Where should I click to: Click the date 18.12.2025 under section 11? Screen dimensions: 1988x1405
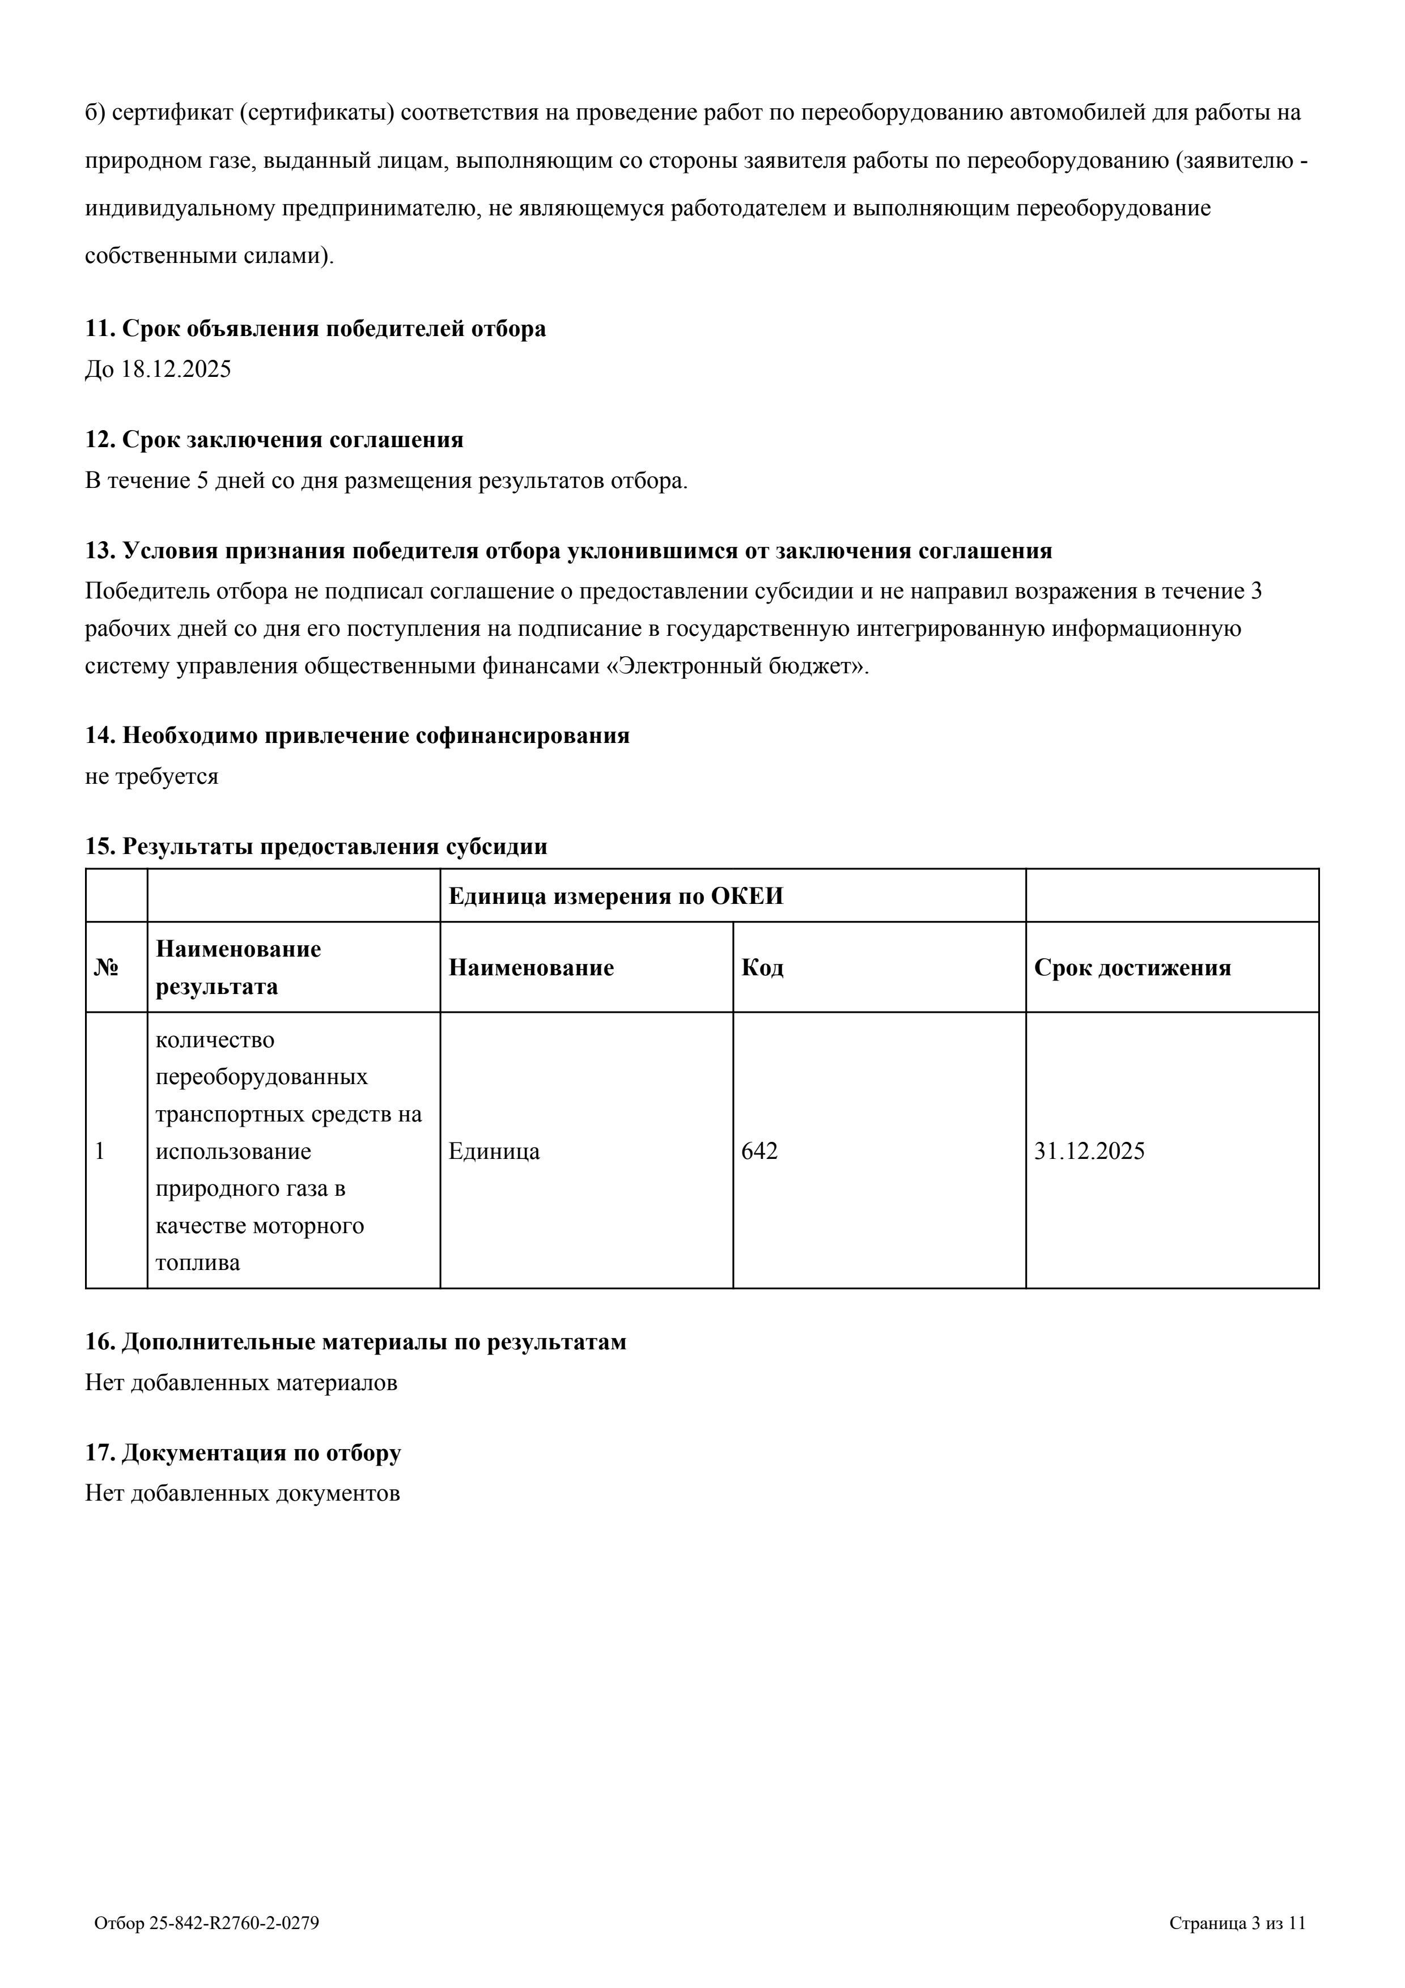click(176, 369)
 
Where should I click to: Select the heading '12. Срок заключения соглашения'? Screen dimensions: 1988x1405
click(274, 440)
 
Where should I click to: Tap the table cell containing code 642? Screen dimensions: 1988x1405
click(759, 1151)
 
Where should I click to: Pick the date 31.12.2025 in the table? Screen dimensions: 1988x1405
click(1089, 1151)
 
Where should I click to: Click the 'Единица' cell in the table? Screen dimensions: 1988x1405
click(494, 1151)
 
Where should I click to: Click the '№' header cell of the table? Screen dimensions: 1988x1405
click(105, 967)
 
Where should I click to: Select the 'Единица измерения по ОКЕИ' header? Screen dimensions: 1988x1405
click(616, 896)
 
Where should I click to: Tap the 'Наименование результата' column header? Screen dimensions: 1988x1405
click(238, 967)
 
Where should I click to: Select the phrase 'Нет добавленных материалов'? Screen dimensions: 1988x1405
click(241, 1383)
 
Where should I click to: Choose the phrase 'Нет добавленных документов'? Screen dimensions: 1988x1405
click(243, 1494)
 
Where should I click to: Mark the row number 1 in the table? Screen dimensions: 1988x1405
click(100, 1151)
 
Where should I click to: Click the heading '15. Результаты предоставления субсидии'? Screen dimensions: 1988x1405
click(316, 846)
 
